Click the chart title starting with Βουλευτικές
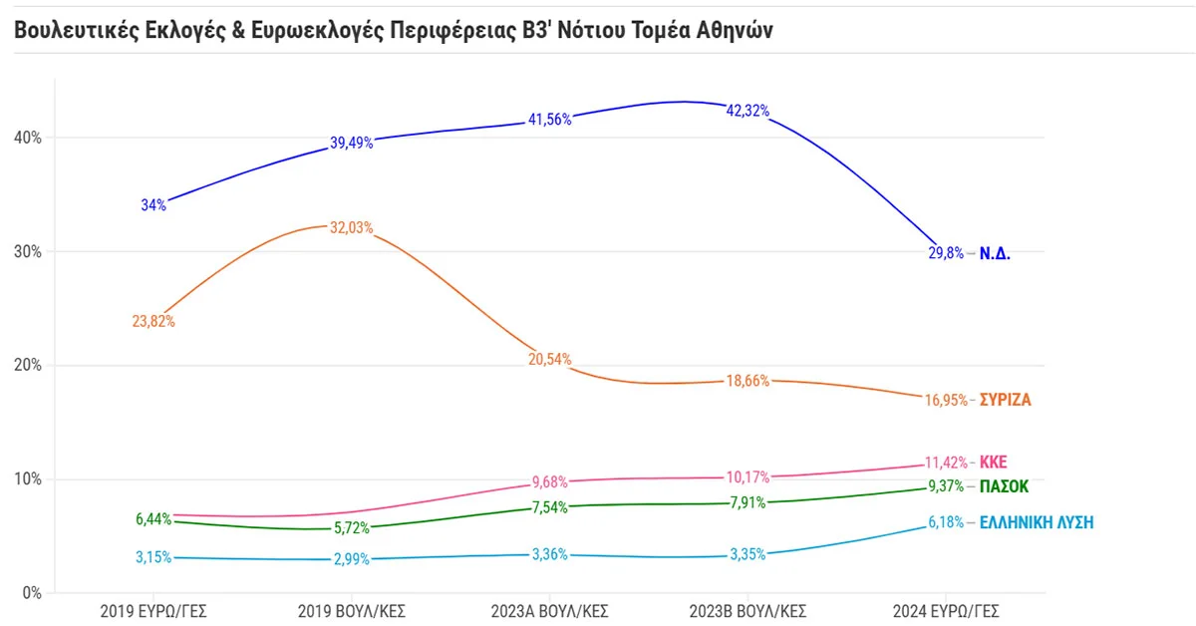coord(394,30)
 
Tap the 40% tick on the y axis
coord(27,138)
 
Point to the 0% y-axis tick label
coord(31,593)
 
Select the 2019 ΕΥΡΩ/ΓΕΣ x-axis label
coord(153,610)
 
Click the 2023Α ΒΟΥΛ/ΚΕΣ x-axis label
coord(550,610)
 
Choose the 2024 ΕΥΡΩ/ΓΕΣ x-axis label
coord(947,610)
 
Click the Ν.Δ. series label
coord(995,253)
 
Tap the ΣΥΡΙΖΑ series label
coord(1005,401)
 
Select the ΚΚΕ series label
coord(994,463)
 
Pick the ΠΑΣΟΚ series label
coord(1004,486)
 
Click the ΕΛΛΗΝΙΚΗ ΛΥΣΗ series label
coord(1037,521)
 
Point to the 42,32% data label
coord(747,111)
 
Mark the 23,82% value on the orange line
coord(153,321)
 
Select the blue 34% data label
coord(153,205)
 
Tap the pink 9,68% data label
coord(548,485)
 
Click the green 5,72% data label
coord(351,528)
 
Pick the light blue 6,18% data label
coord(945,521)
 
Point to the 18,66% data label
coord(747,381)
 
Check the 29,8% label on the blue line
coord(946,253)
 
